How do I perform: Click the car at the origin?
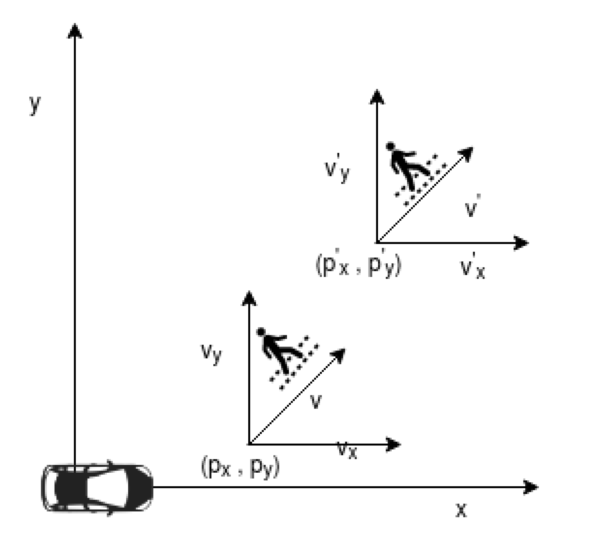point(97,488)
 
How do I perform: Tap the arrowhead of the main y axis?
point(75,31)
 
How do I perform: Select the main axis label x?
point(461,510)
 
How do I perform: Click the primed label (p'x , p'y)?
point(358,266)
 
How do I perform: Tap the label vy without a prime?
point(211,354)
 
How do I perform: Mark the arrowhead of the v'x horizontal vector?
point(521,243)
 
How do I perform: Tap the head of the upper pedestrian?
point(390,146)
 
